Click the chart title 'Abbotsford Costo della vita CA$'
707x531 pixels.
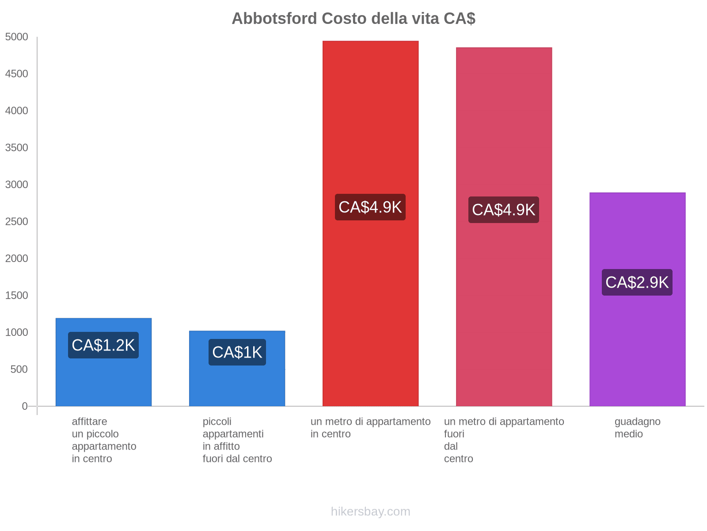coord(353,19)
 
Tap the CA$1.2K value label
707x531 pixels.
coord(103,345)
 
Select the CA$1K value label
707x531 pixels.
coord(237,352)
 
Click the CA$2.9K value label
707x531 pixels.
coord(637,282)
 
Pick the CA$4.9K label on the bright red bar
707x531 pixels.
coord(370,207)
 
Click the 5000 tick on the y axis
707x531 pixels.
coord(17,37)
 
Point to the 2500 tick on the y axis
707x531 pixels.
coord(17,222)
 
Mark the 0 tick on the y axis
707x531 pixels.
coord(25,406)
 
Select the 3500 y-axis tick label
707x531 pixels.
coord(17,148)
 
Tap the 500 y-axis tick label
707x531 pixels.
coord(19,369)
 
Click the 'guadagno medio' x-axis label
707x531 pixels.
coord(637,427)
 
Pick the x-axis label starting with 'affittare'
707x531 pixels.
coord(104,440)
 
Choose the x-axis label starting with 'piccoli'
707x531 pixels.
coord(237,440)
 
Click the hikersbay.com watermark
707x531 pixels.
coord(370,512)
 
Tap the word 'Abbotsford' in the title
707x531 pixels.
coord(274,19)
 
